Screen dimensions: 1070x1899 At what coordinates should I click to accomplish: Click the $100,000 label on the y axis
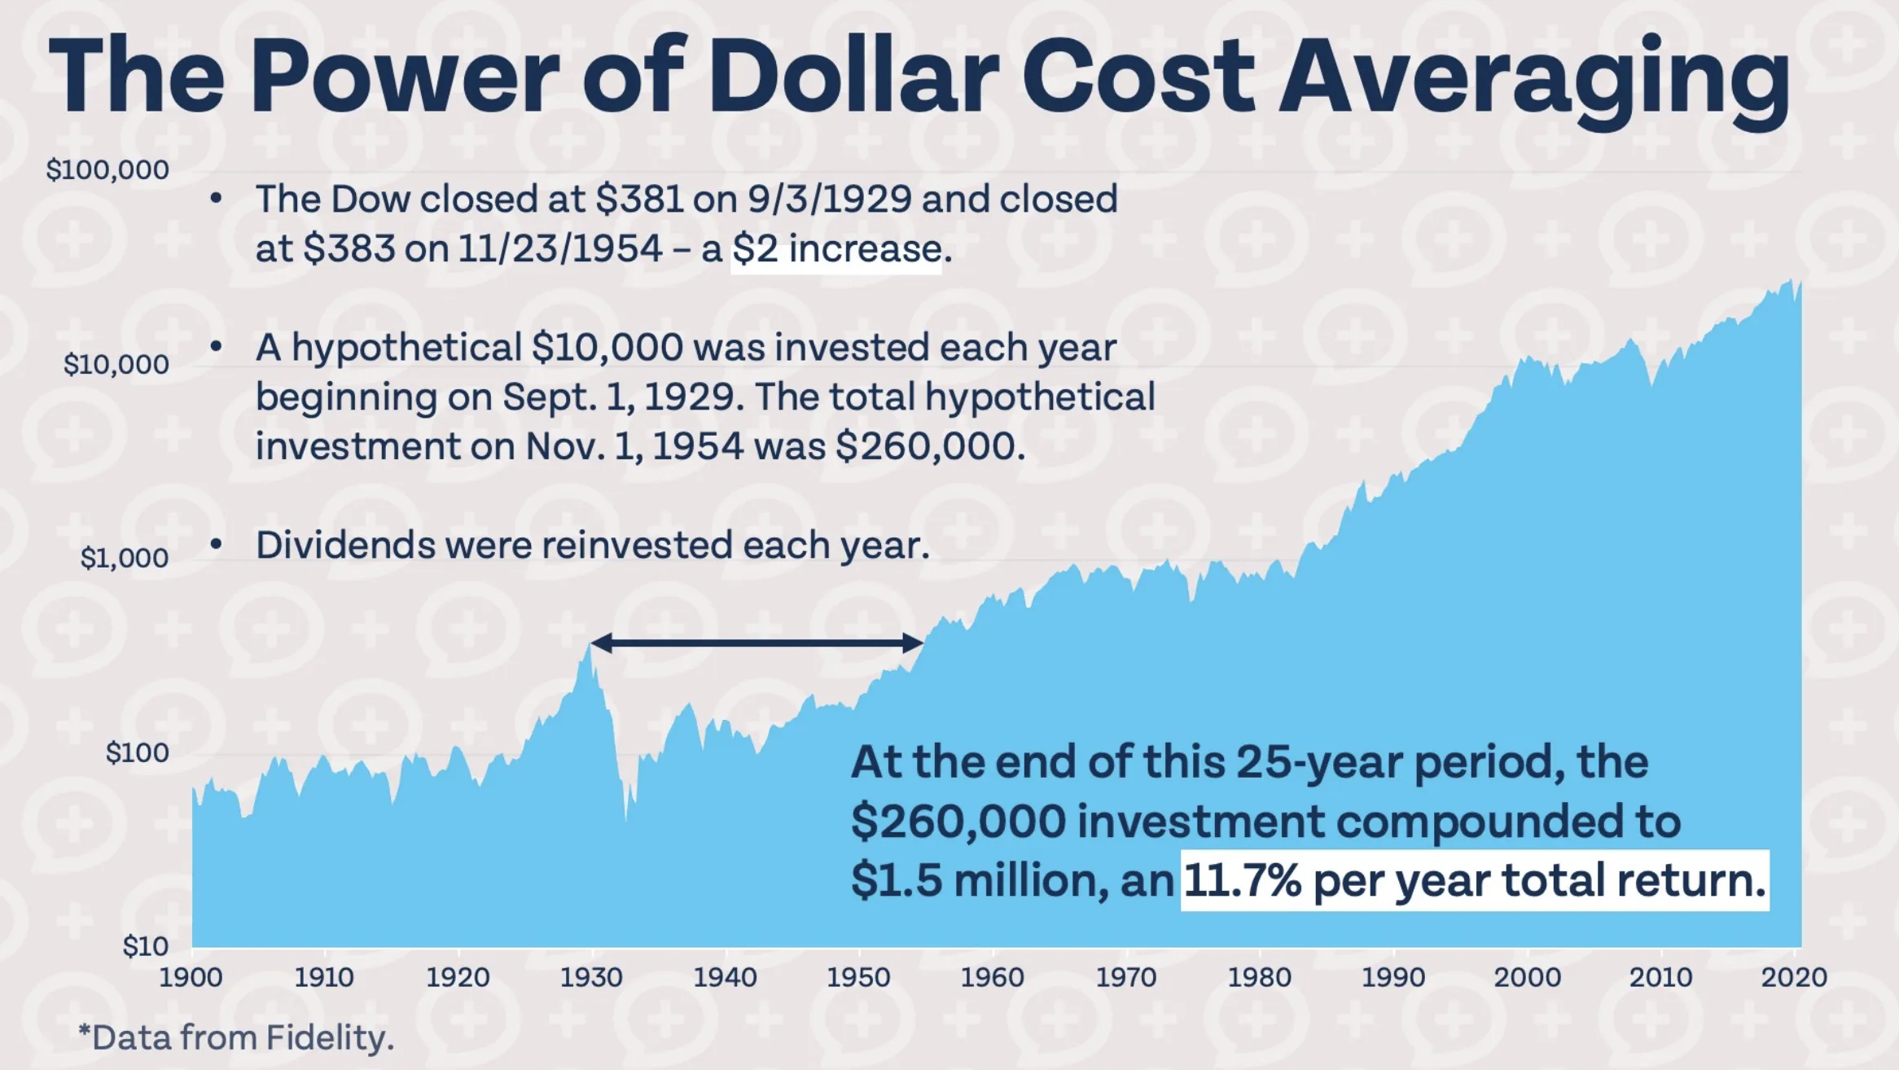(107, 169)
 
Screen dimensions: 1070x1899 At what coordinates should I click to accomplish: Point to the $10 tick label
(145, 946)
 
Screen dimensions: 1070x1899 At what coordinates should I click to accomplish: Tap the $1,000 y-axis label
(125, 558)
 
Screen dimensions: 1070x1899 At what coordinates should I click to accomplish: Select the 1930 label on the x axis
(591, 977)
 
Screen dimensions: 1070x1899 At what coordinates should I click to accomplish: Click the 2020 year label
(1794, 977)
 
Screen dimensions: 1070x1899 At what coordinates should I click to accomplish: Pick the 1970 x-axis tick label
(1125, 977)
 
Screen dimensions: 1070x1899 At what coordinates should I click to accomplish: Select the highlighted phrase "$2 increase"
(836, 249)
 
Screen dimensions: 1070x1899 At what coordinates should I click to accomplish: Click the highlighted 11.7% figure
(1242, 881)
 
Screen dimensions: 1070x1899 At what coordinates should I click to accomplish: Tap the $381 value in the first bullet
(639, 200)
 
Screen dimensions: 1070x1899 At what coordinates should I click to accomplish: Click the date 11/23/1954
(559, 249)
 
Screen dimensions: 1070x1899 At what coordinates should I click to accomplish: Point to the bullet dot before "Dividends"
(216, 544)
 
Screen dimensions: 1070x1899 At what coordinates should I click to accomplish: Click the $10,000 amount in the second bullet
(607, 348)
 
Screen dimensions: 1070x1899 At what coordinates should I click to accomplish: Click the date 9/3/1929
(829, 200)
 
